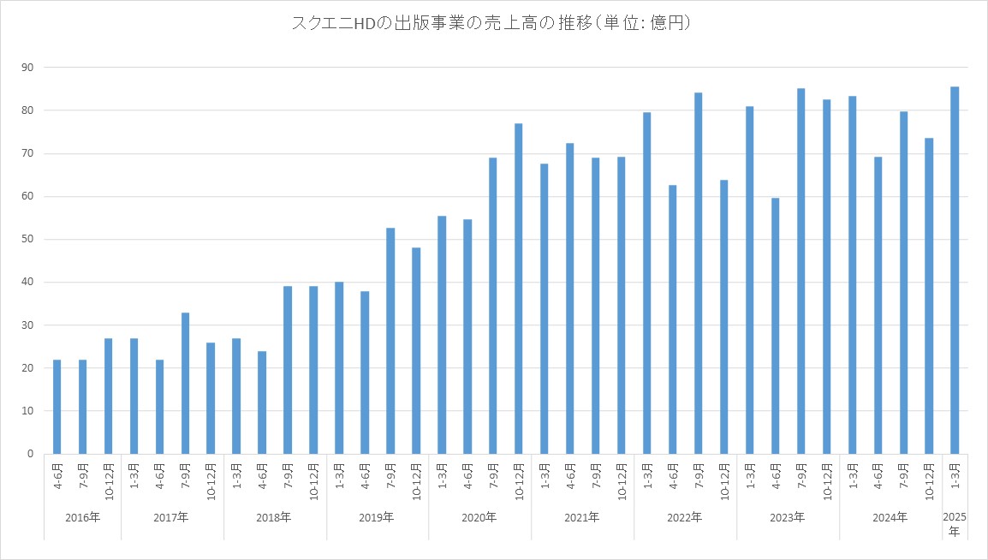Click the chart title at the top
point(493,24)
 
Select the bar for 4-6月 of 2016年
point(57,407)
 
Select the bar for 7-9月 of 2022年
point(699,273)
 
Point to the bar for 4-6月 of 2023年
point(775,325)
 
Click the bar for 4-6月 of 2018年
point(262,402)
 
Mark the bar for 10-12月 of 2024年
point(929,295)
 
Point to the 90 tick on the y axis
point(27,68)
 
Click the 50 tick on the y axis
point(27,240)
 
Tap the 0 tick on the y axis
point(31,454)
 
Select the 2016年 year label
point(82,517)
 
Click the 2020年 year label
point(479,517)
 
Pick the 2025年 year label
point(955,524)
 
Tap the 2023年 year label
point(788,517)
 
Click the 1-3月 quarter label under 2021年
point(545,475)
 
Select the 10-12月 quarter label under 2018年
point(313,480)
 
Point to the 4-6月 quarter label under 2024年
point(878,475)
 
